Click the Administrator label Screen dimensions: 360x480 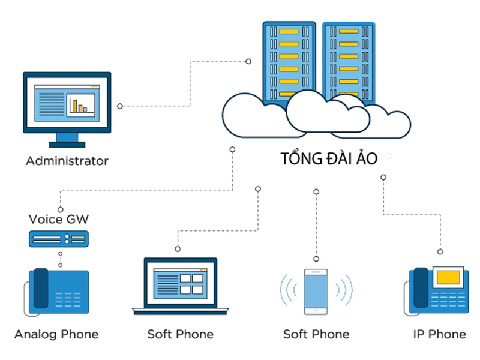[67, 161]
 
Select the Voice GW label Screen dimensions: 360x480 [59, 219]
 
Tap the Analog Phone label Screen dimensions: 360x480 [56, 334]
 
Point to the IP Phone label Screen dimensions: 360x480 [439, 334]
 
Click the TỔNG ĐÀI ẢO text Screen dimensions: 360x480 [329, 159]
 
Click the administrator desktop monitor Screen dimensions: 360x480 [67, 103]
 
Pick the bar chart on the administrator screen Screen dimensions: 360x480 [80, 106]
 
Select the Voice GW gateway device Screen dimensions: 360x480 [59, 239]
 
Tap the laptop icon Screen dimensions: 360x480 [180, 285]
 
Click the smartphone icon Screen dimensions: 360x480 [316, 292]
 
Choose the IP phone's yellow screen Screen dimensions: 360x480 [448, 277]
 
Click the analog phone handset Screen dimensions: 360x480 [40, 289]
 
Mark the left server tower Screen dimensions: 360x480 [289, 60]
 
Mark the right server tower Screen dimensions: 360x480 [349, 60]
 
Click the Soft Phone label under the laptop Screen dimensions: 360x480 [180, 334]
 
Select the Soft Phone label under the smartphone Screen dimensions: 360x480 [316, 334]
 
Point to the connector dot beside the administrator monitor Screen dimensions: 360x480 [120, 106]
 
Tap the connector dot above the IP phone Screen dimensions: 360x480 [440, 252]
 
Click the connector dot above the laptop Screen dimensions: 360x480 [178, 248]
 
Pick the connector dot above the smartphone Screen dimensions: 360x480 [316, 191]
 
